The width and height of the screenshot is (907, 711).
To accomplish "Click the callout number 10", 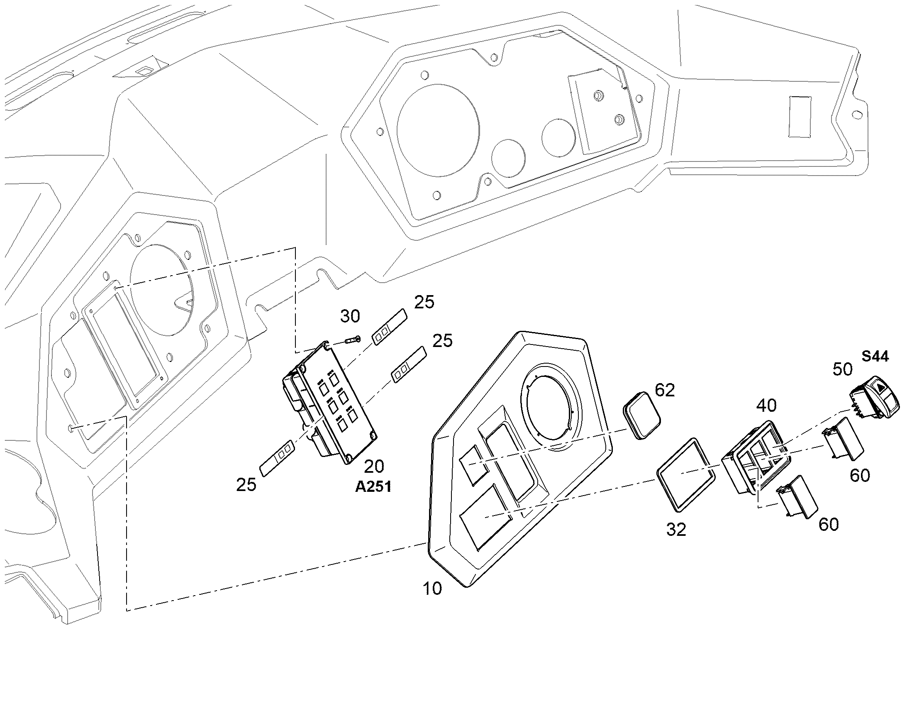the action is (x=432, y=589).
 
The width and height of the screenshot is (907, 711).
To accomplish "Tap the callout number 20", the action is (x=374, y=467).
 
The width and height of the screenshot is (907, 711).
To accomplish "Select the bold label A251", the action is (x=373, y=486).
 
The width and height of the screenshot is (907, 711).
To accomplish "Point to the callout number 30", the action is (x=350, y=316).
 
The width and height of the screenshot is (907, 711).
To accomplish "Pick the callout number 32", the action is (x=676, y=530).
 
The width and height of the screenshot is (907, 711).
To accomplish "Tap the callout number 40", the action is (x=767, y=405).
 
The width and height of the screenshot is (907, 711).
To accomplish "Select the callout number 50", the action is (x=843, y=369).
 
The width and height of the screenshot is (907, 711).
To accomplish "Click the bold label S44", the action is (x=875, y=357).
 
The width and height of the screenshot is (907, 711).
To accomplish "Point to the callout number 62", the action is (x=665, y=390).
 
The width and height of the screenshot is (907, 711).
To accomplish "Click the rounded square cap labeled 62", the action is (x=642, y=415).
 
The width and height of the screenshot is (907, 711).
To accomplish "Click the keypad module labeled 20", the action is (x=329, y=402).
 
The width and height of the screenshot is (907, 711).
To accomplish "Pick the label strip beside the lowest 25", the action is (x=277, y=458).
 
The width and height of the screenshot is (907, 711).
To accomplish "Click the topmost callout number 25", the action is (x=424, y=302).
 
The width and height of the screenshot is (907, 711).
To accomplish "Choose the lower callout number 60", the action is (x=829, y=525).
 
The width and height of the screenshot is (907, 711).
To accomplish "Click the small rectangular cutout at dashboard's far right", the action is (x=800, y=117).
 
